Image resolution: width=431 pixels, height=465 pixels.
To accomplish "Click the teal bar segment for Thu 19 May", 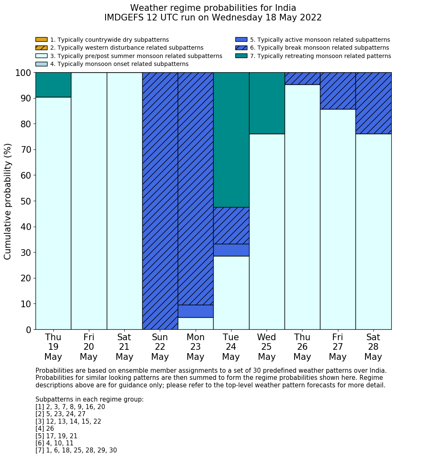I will pyautogui.click(x=53, y=85).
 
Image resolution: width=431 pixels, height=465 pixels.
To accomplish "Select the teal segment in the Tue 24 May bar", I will pyautogui.click(x=231, y=140).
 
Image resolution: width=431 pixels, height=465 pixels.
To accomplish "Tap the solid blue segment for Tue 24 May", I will pyautogui.click(x=231, y=250).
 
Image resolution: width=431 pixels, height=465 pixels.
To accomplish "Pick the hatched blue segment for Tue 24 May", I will pyautogui.click(x=231, y=225).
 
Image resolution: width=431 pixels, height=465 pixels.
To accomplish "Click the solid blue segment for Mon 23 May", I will pyautogui.click(x=196, y=311).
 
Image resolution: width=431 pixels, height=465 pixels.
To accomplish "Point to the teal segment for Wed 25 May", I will pyautogui.click(x=267, y=103).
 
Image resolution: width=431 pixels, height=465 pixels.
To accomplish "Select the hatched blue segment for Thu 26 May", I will pyautogui.click(x=302, y=78).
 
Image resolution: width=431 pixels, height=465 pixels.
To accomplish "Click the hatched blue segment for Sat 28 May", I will pyautogui.click(x=373, y=103).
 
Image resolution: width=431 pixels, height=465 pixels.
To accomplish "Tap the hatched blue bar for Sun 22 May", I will pyautogui.click(x=160, y=201).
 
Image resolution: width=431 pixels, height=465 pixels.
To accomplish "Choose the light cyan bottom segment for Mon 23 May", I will pyautogui.click(x=196, y=323).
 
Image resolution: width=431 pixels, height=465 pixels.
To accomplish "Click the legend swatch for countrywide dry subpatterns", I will pyautogui.click(x=41, y=40).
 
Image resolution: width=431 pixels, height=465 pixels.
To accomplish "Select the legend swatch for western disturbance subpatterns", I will pyautogui.click(x=41, y=48).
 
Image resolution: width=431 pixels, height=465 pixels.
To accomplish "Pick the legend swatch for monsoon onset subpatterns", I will pyautogui.click(x=41, y=64).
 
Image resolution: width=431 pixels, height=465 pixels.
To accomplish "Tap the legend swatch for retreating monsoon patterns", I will pyautogui.click(x=241, y=56).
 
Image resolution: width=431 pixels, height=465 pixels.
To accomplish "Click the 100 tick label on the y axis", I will pyautogui.click(x=23, y=73).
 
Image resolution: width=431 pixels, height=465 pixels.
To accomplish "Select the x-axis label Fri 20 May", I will pyautogui.click(x=89, y=347).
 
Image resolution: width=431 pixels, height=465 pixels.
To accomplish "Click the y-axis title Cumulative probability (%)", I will pyautogui.click(x=8, y=201).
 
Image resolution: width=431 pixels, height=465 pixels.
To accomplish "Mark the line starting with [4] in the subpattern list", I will pyautogui.click(x=45, y=429).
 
